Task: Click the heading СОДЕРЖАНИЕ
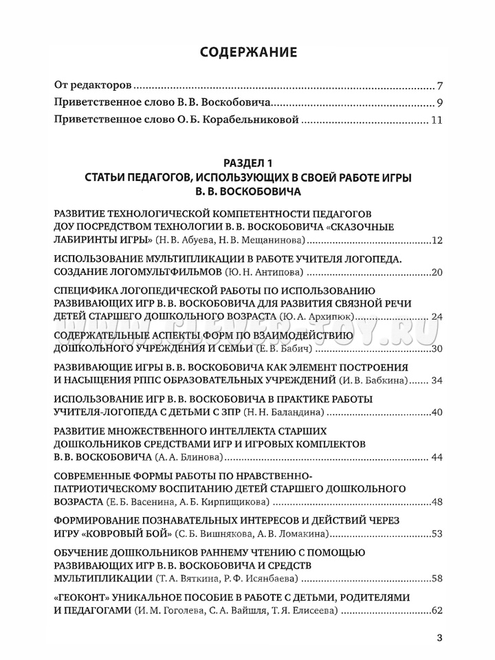[x=247, y=52]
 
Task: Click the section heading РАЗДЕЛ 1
[x=247, y=163]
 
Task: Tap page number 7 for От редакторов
[x=439, y=87]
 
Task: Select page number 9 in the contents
[x=439, y=104]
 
